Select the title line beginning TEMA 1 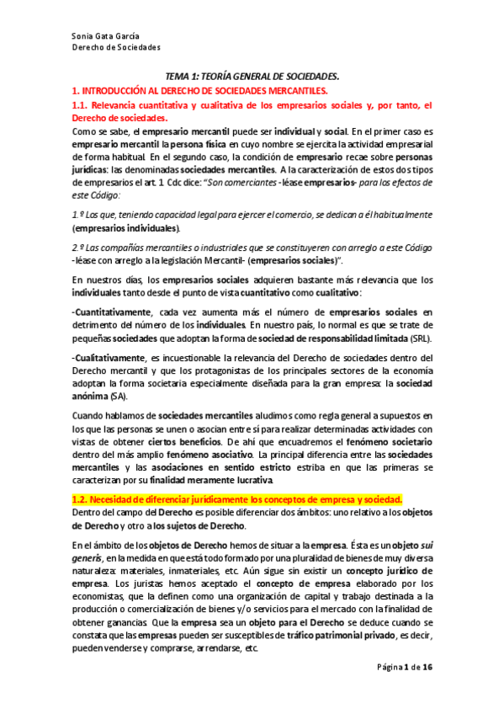point(252,76)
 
